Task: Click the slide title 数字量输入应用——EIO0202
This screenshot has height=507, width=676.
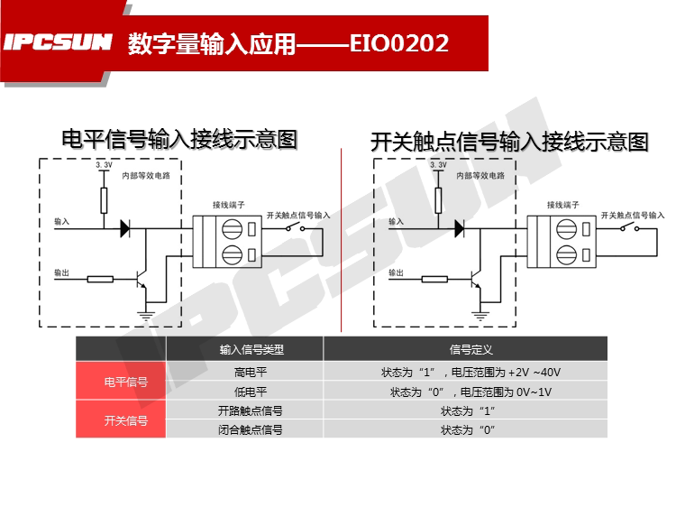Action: (288, 42)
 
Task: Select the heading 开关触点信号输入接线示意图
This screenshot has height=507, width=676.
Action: (509, 142)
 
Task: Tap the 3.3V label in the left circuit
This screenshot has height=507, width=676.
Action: (104, 166)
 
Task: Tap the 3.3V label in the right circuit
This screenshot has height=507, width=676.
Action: (438, 166)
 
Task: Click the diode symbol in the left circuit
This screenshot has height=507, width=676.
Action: (124, 229)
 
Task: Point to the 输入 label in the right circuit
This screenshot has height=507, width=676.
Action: (397, 221)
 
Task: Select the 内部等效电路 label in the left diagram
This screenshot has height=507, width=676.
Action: (145, 177)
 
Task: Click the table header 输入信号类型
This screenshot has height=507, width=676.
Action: (245, 350)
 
